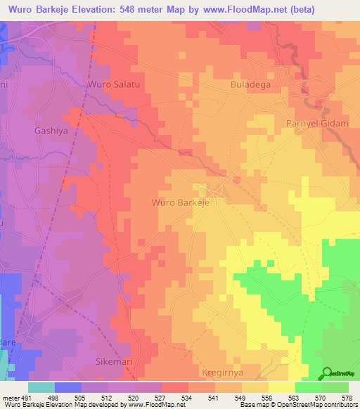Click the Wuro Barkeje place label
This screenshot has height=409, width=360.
point(180,202)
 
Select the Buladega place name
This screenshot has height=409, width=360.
point(250,84)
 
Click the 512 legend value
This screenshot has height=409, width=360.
point(108,397)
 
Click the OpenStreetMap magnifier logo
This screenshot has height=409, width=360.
point(327,373)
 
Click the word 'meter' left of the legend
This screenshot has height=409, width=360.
point(11,397)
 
